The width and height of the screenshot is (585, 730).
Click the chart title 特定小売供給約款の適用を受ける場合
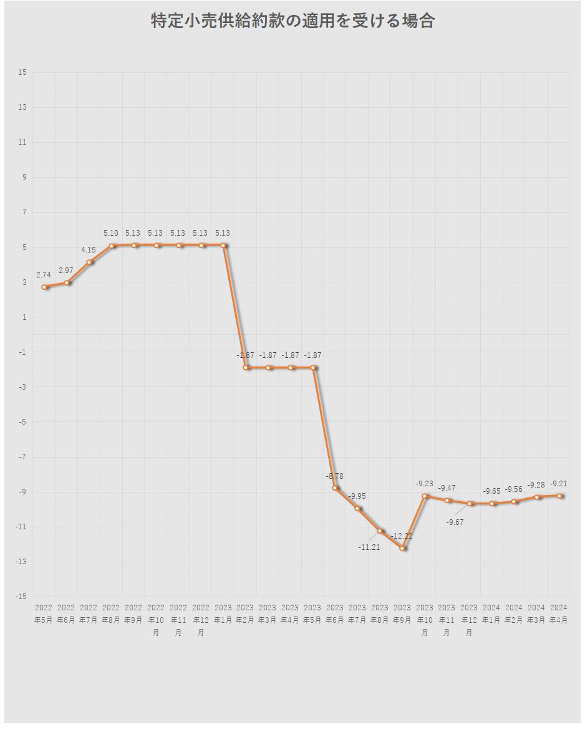click(292, 21)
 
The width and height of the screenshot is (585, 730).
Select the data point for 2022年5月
click(44, 287)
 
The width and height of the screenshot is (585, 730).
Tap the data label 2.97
click(66, 270)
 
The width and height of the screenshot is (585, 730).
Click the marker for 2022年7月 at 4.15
click(89, 262)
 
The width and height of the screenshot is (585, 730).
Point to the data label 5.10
click(110, 233)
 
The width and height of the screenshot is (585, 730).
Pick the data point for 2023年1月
click(223, 245)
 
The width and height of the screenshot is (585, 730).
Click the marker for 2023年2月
click(246, 367)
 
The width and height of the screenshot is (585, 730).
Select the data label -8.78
click(334, 476)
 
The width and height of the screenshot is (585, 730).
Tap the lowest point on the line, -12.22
click(402, 548)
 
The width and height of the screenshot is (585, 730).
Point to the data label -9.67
click(455, 522)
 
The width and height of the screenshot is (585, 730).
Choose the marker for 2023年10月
click(425, 496)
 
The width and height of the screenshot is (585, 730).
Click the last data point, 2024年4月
click(559, 496)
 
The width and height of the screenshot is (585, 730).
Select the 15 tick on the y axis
click(22, 72)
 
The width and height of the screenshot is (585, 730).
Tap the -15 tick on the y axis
click(21, 597)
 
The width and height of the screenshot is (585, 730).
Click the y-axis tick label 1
click(24, 317)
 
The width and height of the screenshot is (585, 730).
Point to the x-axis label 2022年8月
click(111, 614)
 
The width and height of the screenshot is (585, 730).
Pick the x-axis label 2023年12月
click(469, 620)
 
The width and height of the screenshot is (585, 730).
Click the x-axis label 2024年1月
click(491, 614)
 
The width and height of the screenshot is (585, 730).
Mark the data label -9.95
click(357, 496)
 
